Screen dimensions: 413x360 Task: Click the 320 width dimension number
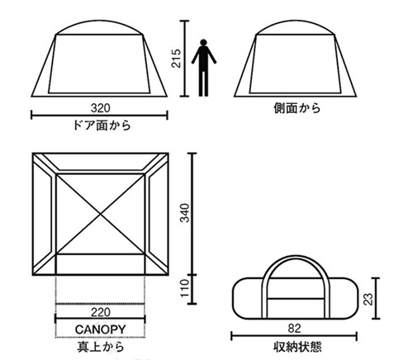pos(101,108)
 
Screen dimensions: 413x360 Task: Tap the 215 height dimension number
pos(176,59)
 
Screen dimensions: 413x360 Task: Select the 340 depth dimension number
pos(184,213)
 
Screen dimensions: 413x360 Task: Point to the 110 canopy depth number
pos(185,288)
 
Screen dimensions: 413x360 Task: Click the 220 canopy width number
pos(101,312)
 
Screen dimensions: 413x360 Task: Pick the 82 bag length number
pos(295,329)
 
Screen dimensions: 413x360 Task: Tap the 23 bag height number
pos(368,299)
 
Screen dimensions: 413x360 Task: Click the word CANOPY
pos(101,329)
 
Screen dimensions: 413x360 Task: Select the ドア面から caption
pos(102,126)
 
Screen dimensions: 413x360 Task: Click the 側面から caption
pos(297,108)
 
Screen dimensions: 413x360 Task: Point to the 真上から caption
pos(101,347)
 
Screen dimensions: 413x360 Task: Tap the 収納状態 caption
pos(297,347)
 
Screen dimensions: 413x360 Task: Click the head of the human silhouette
pos(203,42)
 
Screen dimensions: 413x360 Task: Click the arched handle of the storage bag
pos(296,258)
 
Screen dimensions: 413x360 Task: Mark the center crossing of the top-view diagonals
pos(100,214)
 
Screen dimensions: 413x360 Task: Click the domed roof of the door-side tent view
pos(99,21)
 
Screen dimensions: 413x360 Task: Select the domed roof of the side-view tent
pos(296,21)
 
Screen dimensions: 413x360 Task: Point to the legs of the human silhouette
pos(203,83)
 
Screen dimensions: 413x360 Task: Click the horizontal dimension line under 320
pos(99,115)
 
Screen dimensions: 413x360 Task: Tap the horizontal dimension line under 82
pos(294,336)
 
